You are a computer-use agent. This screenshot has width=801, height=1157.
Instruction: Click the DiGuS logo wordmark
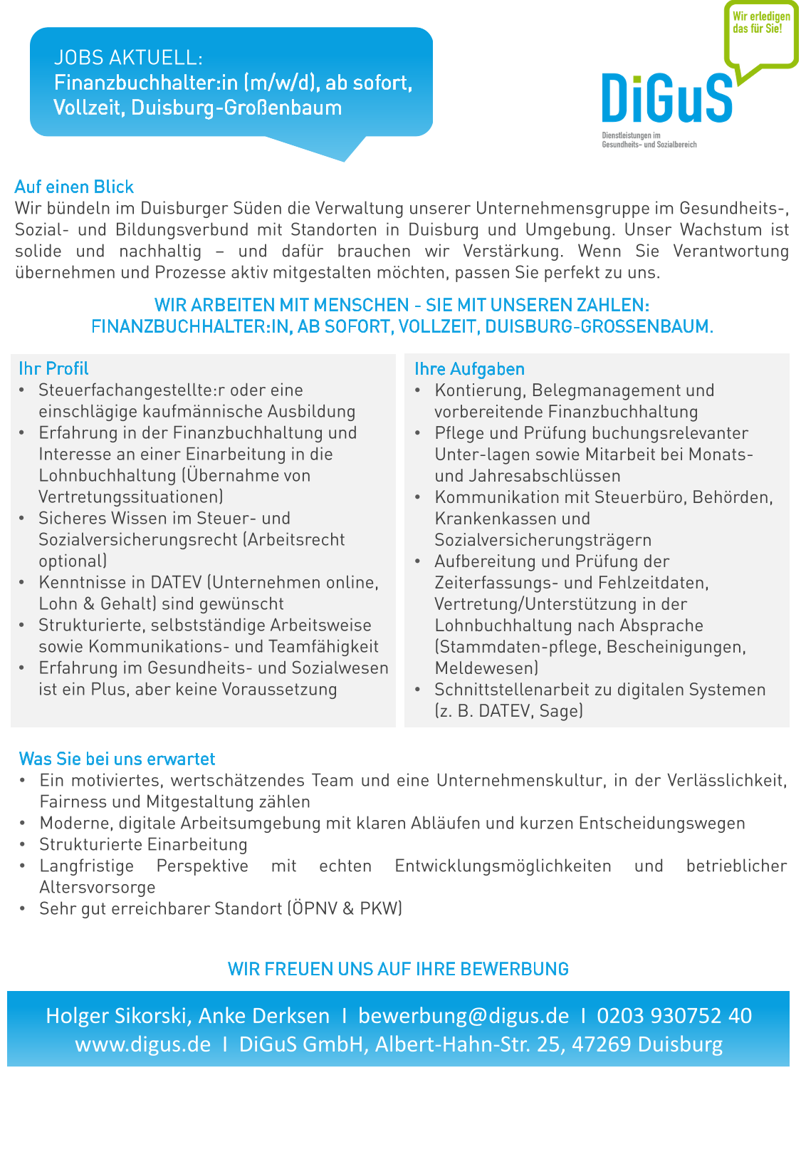(666, 98)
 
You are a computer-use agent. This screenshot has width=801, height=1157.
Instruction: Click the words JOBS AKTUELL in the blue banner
(128, 58)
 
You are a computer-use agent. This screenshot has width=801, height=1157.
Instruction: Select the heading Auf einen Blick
(74, 187)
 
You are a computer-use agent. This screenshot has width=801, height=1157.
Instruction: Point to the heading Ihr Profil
(53, 368)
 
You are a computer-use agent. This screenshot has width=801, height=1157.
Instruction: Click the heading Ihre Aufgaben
(469, 369)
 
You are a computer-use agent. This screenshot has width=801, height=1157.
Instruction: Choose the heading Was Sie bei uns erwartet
(117, 759)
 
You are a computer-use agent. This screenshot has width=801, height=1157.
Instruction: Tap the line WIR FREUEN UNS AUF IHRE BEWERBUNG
(398, 969)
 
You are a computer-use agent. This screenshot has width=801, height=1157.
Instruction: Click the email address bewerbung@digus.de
(464, 1015)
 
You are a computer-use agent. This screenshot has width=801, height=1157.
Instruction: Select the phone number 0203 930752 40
(674, 1015)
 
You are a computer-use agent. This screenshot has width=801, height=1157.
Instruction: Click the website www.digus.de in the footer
(143, 1044)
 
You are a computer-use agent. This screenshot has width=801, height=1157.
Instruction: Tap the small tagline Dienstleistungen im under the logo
(632, 135)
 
